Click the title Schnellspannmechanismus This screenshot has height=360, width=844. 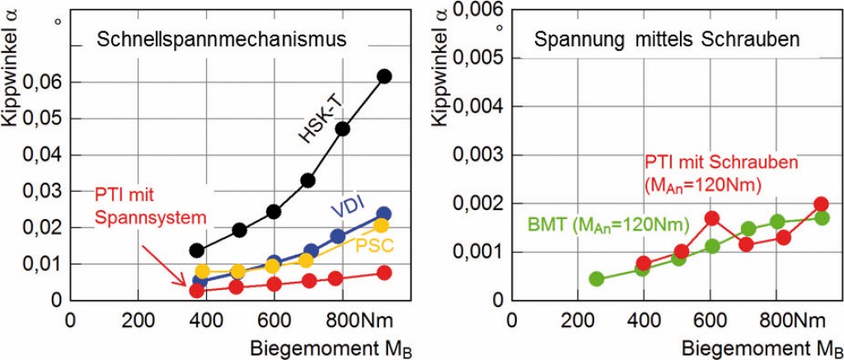(x=219, y=39)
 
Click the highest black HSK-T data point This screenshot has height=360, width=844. (x=383, y=77)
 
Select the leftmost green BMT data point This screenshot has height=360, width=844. (x=597, y=278)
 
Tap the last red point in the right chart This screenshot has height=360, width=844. (x=822, y=204)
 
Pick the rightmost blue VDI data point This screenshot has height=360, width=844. (x=383, y=214)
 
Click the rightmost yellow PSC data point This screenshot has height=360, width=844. (x=381, y=226)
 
